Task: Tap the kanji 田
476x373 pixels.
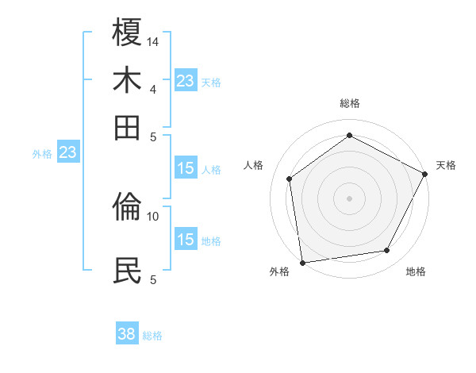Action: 127,127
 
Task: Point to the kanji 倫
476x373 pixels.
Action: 127,206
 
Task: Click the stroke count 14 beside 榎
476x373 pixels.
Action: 153,41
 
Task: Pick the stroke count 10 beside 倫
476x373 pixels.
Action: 153,216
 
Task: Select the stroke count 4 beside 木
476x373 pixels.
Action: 153,89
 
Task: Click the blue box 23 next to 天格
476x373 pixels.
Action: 186,81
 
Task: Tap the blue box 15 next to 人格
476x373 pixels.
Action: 186,168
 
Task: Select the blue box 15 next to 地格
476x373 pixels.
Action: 186,240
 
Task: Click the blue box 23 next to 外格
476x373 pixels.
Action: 67,153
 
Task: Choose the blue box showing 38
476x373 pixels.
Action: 127,335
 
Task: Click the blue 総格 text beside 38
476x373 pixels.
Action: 153,336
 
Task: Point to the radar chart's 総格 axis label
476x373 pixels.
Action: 350,103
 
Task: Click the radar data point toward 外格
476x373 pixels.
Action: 302,262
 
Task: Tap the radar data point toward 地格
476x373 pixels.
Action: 387,251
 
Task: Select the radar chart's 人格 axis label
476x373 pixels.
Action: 254,165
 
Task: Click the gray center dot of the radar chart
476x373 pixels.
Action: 350,198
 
